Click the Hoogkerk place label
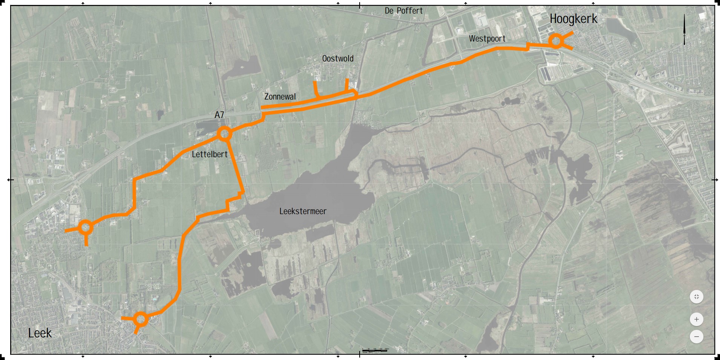[x=573, y=19]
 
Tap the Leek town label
[x=40, y=333]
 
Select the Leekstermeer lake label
[x=303, y=211]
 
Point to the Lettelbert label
[x=210, y=155]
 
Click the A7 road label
[x=219, y=115]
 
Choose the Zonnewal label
[x=280, y=97]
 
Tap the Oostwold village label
[x=338, y=59]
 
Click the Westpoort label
[x=487, y=39]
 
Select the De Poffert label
[x=403, y=11]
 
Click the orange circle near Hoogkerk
[x=556, y=41]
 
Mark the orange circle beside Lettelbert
[x=224, y=133]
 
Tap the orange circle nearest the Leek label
[x=141, y=319]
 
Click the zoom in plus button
[x=696, y=319]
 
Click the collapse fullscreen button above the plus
[x=696, y=297]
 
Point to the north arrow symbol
[x=684, y=29]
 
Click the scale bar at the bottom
[x=375, y=351]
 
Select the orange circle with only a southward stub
[x=86, y=227]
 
